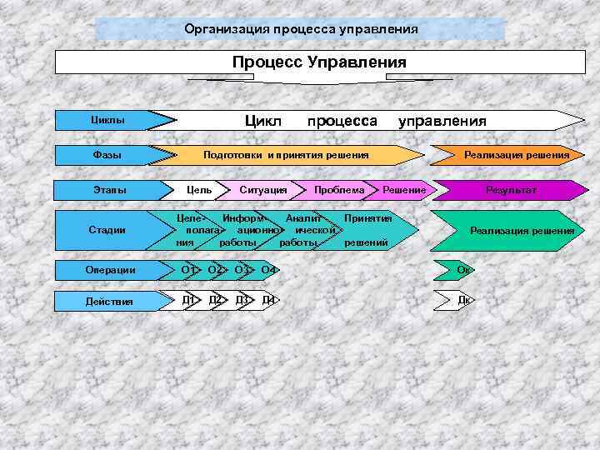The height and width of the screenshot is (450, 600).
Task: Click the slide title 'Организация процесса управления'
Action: click(x=301, y=29)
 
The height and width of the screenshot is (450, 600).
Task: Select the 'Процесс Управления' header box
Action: click(x=320, y=62)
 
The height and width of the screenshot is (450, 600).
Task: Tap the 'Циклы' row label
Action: click(x=108, y=120)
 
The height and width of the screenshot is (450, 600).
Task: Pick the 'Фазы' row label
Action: click(x=108, y=155)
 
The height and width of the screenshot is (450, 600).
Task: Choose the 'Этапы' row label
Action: click(x=108, y=191)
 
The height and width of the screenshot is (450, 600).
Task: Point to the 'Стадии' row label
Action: click(x=108, y=230)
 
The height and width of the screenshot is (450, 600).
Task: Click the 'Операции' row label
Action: click(x=108, y=270)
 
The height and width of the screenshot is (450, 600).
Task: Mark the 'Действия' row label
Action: click(x=108, y=301)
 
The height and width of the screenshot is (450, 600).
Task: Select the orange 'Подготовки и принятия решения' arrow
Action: click(x=287, y=155)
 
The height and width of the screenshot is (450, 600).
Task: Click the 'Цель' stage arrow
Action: click(x=199, y=191)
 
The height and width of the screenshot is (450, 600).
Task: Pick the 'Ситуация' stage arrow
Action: click(x=262, y=191)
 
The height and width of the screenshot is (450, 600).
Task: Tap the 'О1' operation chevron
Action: click(x=189, y=270)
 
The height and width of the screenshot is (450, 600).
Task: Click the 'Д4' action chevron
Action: click(x=268, y=300)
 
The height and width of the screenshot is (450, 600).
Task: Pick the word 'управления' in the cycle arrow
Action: click(x=442, y=120)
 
